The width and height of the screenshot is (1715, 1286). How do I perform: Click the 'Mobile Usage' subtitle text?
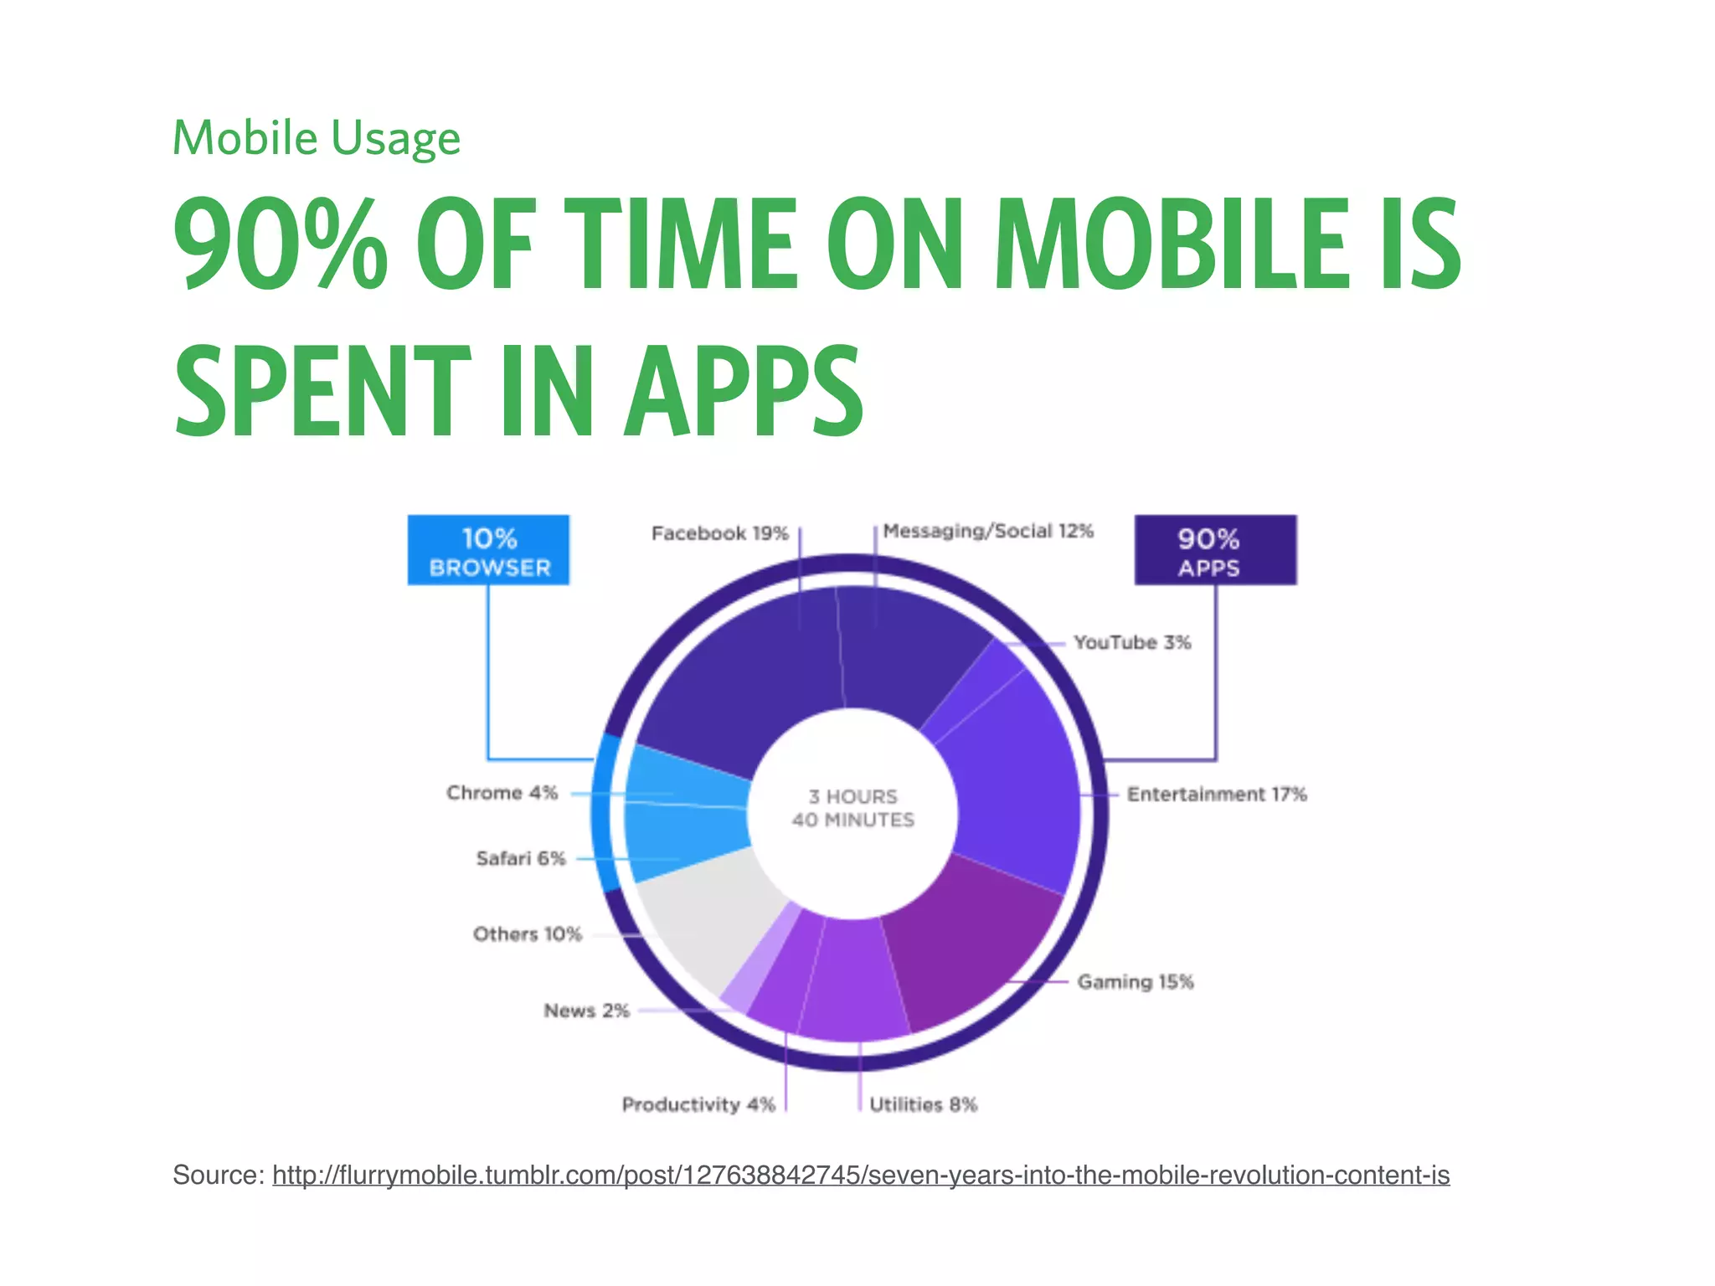point(316,138)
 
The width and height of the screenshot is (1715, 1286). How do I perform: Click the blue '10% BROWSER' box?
point(489,551)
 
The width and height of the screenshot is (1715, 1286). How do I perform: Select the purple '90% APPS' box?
point(1215,551)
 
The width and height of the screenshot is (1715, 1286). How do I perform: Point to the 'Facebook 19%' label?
point(719,533)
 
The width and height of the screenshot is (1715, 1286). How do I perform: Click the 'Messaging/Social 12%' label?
point(988,531)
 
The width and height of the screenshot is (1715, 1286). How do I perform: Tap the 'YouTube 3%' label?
point(1132,642)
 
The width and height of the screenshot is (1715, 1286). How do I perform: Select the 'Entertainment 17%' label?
point(1216,794)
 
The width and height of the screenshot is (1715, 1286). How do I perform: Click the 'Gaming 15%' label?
point(1135,981)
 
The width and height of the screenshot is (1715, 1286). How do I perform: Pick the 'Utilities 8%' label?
point(923,1104)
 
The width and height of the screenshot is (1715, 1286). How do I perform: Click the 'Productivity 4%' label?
point(698,1104)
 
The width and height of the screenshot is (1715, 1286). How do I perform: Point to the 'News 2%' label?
point(586,1011)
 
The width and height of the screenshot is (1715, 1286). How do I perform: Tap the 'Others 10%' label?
point(527,934)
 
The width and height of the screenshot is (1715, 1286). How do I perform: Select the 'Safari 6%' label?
point(521,858)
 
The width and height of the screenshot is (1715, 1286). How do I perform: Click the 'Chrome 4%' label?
point(502,792)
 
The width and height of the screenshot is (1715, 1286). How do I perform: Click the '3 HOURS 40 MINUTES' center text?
point(852,808)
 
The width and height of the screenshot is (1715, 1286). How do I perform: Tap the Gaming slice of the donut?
point(971,946)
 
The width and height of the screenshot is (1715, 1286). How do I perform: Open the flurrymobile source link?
point(861,1175)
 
